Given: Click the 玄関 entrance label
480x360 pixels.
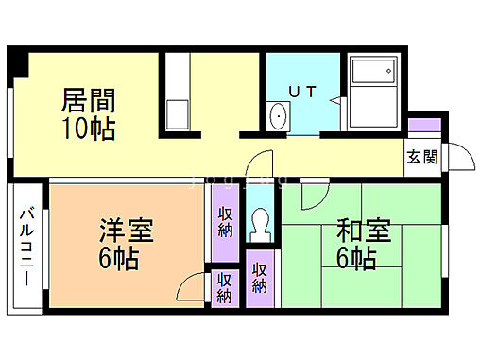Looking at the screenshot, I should click(x=421, y=157).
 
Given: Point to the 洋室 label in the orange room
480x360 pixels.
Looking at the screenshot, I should click(x=127, y=231).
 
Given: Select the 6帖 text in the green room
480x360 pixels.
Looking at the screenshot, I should click(x=358, y=257).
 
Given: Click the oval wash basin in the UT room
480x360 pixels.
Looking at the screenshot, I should click(x=278, y=117).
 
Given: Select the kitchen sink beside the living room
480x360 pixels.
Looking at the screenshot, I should click(x=178, y=113).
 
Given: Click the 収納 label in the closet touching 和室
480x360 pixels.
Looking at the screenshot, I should click(x=260, y=278).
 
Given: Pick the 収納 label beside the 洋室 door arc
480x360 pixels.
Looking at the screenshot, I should click(x=224, y=287).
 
